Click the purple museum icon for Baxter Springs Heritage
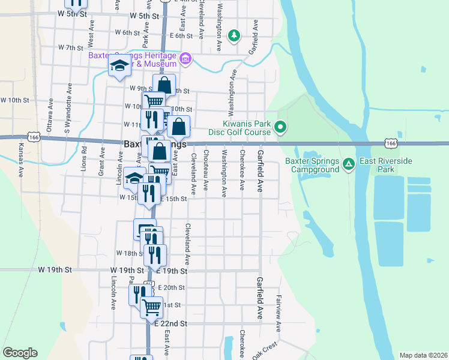185,58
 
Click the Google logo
20,353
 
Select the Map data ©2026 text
423,355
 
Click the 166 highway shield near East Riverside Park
391,144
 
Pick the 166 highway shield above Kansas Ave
35,137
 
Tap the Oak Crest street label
264,350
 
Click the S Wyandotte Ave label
68,114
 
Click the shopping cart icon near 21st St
151,306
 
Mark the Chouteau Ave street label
205,171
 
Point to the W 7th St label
71,47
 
